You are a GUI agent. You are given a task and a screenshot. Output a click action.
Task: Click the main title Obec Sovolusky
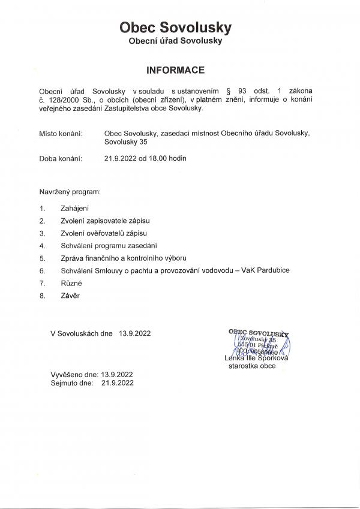click(175, 28)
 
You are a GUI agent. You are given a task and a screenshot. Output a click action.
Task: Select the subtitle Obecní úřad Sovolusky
click(175, 41)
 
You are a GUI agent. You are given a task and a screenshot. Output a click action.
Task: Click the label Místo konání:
click(61, 133)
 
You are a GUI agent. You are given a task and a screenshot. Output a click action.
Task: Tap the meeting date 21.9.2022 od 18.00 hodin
click(145, 159)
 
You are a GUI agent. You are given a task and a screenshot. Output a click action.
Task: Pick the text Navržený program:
click(70, 194)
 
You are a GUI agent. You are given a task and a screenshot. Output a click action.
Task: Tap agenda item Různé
click(71, 283)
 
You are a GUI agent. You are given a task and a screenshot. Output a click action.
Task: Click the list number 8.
click(42, 296)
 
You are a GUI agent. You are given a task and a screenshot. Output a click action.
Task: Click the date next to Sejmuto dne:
click(117, 381)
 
